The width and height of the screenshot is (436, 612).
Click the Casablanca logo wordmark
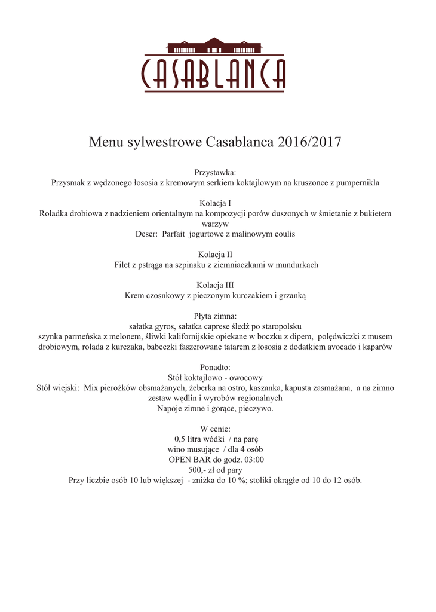pos(213,74)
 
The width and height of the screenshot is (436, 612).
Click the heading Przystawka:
pos(216,172)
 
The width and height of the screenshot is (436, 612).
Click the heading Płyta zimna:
pos(216,316)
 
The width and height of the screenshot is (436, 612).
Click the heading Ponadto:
pos(216,367)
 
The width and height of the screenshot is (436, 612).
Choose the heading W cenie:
pos(216,429)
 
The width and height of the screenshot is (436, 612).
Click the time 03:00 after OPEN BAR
pos(253,460)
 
